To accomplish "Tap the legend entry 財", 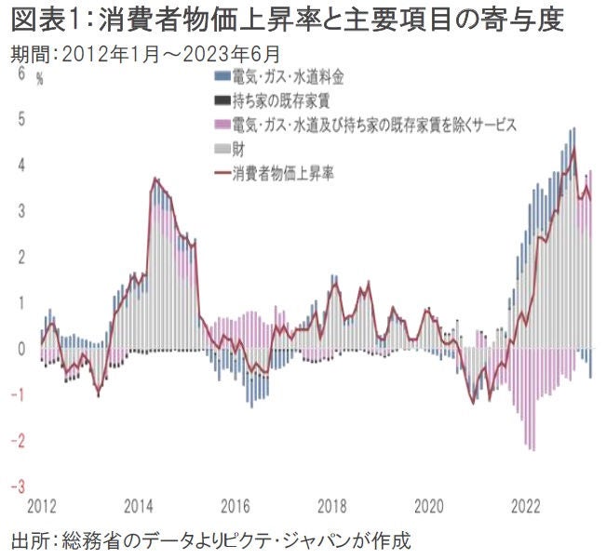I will point(239,148).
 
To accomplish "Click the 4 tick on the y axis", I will point(21,165).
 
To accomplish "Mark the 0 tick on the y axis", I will point(21,349).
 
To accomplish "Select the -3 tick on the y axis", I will point(19,486).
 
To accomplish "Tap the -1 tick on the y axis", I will point(19,395).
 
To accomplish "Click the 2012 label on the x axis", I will point(43,506).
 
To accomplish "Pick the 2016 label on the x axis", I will point(236,506).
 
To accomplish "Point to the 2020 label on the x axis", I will point(429,506).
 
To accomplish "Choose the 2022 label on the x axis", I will point(526,506).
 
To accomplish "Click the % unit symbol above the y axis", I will point(40,79).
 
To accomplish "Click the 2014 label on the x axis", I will point(140,506).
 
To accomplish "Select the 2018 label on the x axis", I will point(332,506).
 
